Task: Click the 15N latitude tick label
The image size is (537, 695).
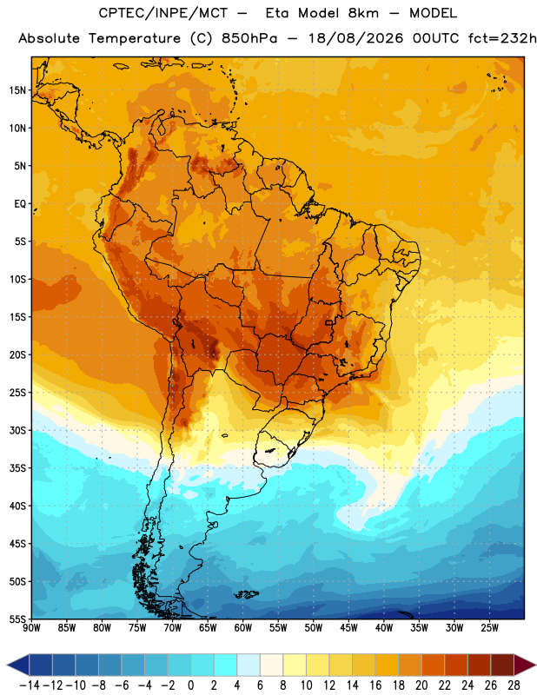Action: point(17,90)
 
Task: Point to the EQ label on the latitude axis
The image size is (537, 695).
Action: point(20,204)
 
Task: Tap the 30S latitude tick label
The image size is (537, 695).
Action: point(17,430)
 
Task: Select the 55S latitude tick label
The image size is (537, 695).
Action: point(17,619)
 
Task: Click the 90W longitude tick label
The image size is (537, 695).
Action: point(31,628)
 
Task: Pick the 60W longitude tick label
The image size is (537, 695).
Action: point(243,628)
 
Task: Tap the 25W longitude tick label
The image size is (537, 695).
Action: point(489,628)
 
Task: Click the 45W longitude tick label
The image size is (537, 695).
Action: point(348,628)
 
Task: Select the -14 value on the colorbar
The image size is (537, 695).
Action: point(30,685)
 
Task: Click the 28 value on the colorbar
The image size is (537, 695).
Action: point(514,685)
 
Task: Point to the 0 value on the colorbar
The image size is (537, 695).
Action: point(190,685)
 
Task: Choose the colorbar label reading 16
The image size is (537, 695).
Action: point(375,685)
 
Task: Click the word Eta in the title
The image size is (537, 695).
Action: point(277,13)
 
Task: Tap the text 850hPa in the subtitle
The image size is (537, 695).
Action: point(249,38)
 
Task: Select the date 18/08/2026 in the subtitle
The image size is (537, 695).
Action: point(355,38)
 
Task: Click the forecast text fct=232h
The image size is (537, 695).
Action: point(502,38)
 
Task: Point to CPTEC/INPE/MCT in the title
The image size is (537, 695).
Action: point(162,13)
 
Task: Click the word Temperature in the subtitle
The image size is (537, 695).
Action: point(135,39)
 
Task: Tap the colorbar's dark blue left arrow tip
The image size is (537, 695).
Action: point(8,665)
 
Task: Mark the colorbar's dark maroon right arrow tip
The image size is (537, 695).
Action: point(535,665)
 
